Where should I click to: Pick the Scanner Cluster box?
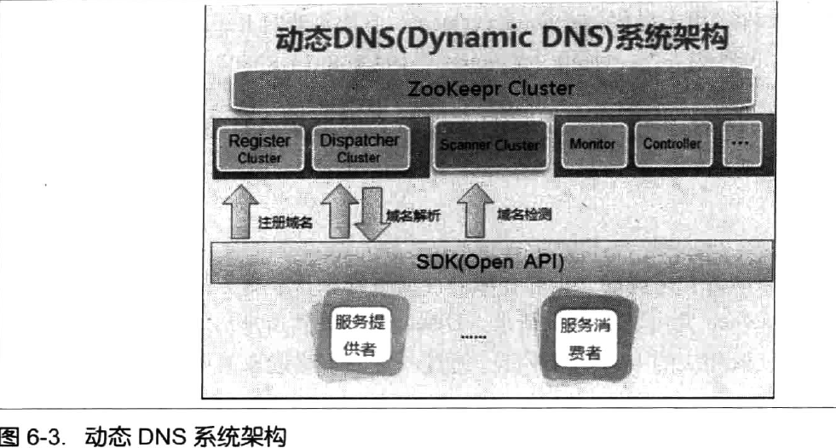(489, 146)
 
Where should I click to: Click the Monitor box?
(593, 145)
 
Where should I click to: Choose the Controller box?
(672, 145)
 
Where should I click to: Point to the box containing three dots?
(740, 145)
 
